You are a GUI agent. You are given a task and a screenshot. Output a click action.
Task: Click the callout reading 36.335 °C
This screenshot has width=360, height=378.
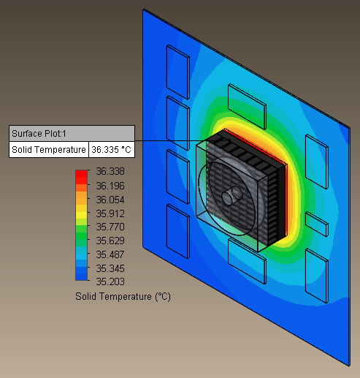click(x=111, y=150)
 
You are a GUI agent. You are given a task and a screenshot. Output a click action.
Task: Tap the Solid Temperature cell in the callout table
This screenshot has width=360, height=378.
click(x=48, y=150)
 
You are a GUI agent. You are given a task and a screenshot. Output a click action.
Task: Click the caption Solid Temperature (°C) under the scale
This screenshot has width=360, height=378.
click(x=122, y=297)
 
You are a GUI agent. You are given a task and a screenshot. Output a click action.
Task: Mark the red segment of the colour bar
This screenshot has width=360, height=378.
click(x=82, y=174)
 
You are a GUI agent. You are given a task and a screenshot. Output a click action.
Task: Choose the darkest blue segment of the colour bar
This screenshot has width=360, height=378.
click(x=82, y=275)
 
